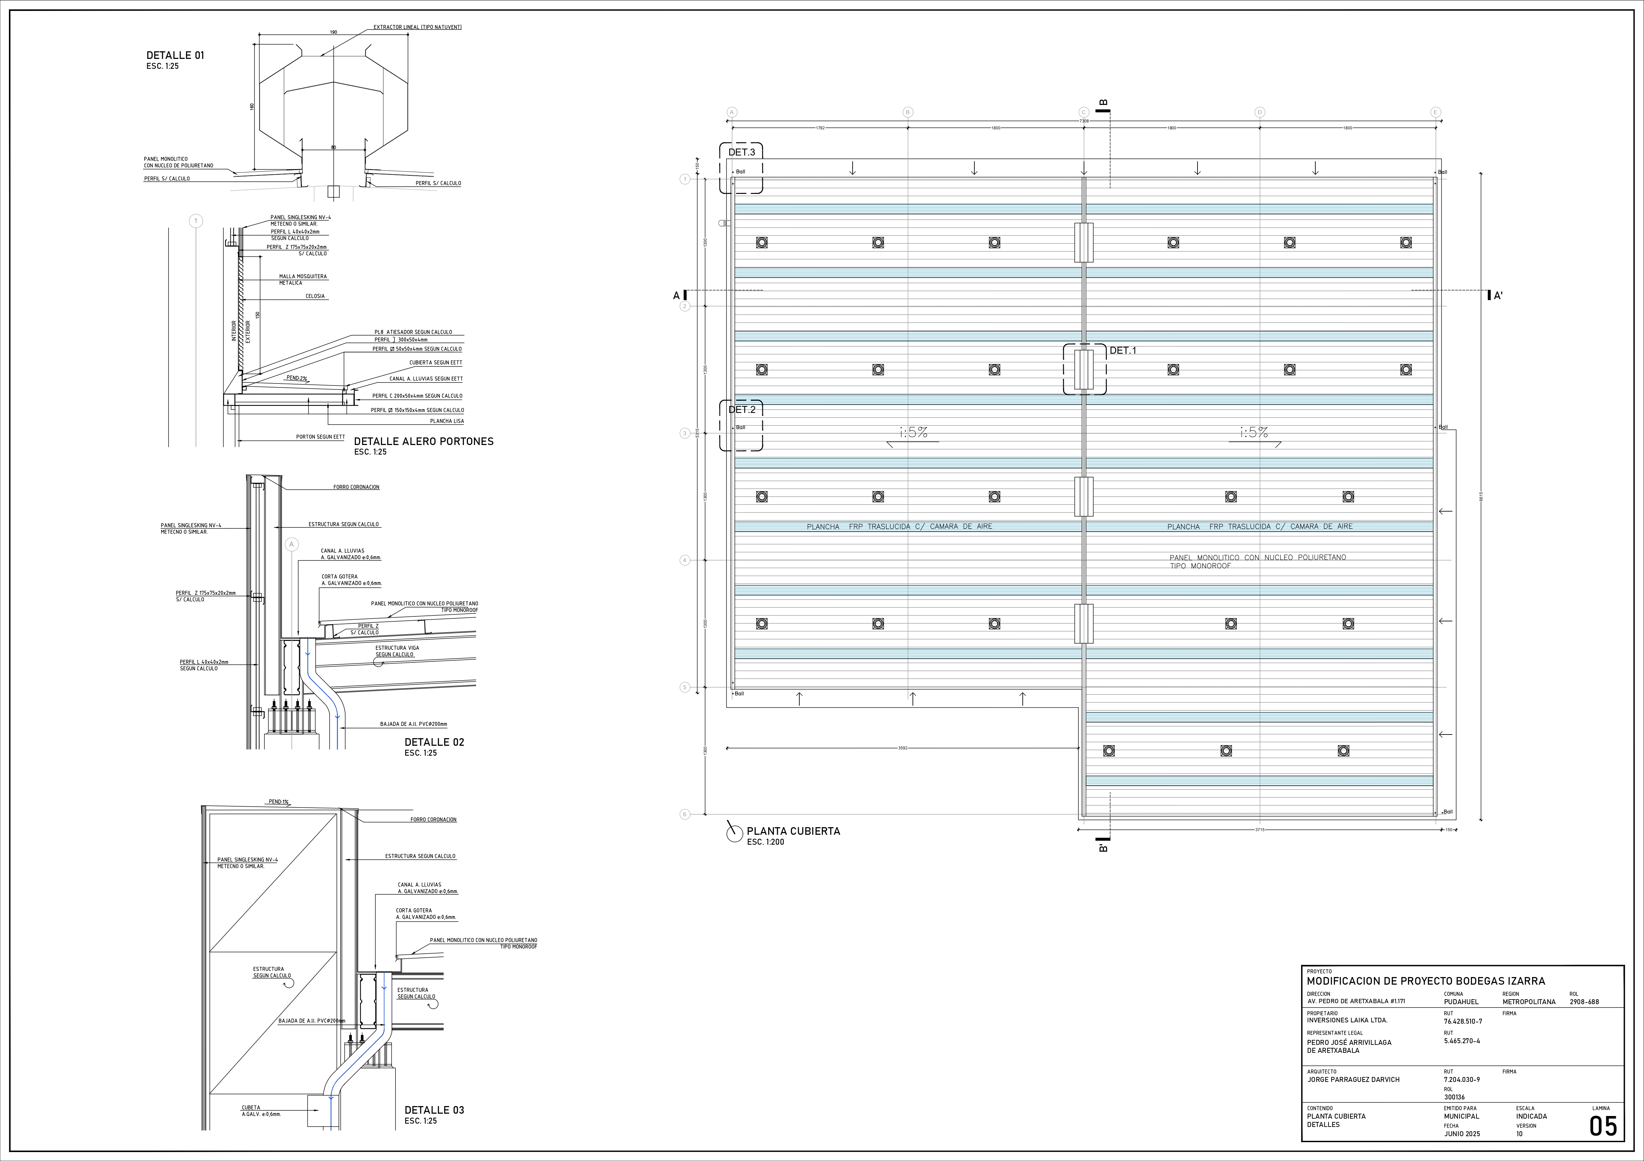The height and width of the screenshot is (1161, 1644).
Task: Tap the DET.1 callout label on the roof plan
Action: [1123, 350]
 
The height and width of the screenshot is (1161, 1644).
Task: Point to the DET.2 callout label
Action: [742, 409]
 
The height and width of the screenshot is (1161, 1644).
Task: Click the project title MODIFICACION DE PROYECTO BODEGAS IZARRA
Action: [1426, 981]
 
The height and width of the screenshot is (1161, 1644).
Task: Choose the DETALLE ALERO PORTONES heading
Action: [423, 442]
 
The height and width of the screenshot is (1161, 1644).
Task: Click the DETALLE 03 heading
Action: [434, 1110]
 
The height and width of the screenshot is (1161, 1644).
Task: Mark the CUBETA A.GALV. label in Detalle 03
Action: [260, 1111]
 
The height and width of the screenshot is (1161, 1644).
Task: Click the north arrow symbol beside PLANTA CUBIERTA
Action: [734, 832]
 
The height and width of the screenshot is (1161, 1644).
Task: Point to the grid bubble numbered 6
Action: [684, 814]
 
